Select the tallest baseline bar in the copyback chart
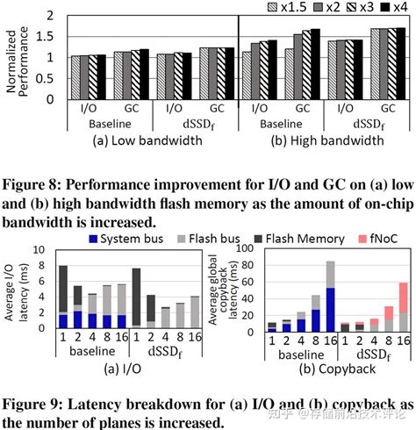[x=330, y=285]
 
